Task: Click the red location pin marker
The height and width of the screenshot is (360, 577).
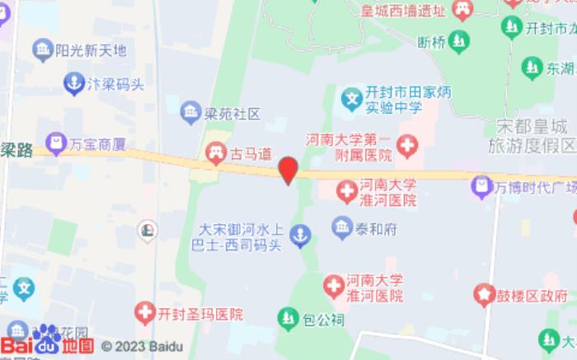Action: [x=287, y=170]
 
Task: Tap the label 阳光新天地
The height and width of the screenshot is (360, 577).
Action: [x=91, y=50]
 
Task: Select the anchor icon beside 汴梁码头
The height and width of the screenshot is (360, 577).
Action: [x=73, y=82]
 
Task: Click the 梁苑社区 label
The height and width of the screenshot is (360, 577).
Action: [x=232, y=113]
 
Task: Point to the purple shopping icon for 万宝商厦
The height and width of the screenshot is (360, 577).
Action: [x=56, y=144]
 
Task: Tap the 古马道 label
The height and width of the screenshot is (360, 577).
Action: [x=251, y=152]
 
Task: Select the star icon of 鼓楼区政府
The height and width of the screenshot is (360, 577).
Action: [x=484, y=294]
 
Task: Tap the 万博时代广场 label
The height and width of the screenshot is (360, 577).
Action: [x=537, y=187]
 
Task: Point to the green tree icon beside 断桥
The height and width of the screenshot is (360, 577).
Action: [x=459, y=40]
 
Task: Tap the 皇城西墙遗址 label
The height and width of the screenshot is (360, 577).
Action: [x=404, y=11]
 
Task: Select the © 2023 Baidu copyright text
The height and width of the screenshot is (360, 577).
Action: [x=142, y=346]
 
